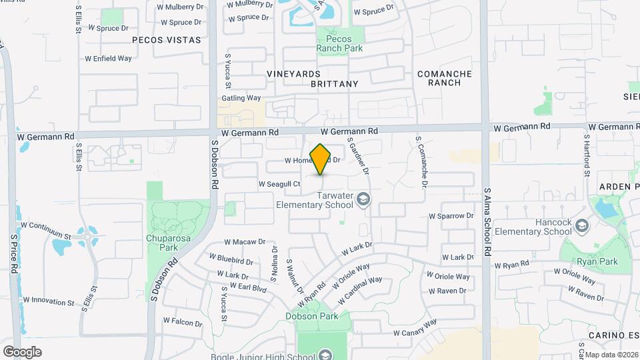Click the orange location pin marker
(x=321, y=159)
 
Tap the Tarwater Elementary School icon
(x=363, y=199)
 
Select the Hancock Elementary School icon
(x=581, y=226)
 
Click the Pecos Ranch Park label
(x=340, y=44)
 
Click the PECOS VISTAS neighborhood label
(x=167, y=40)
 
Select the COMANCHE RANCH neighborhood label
(x=444, y=78)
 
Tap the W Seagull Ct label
(x=279, y=184)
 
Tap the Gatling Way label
(x=241, y=98)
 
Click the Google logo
(x=22, y=351)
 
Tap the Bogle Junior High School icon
(x=325, y=354)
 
